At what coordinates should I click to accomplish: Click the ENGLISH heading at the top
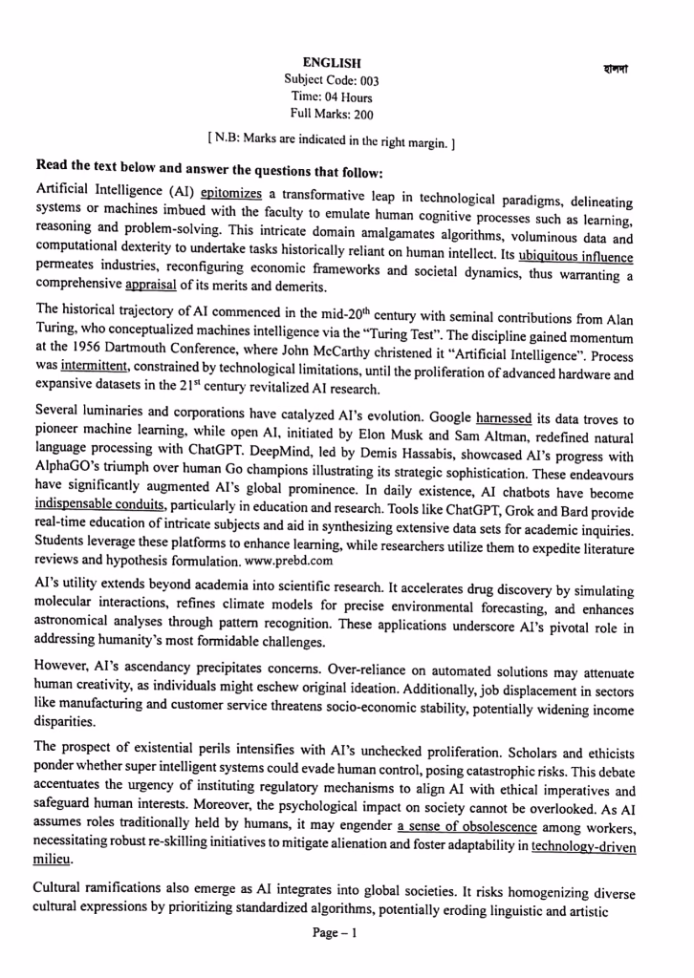pos(331,62)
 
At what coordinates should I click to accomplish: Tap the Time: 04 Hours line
pos(331,97)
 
